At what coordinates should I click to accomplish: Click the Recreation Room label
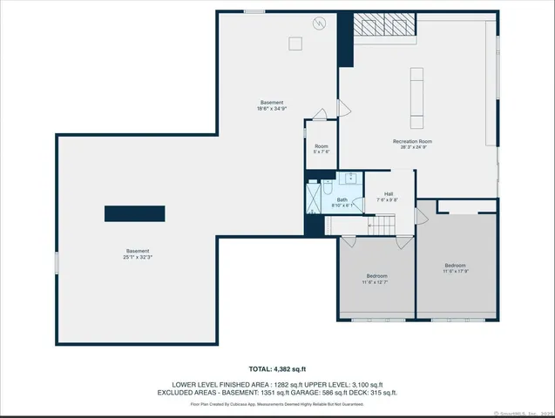412,141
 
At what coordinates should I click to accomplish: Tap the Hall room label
389,194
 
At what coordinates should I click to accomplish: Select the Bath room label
342,200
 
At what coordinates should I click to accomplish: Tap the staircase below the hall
382,226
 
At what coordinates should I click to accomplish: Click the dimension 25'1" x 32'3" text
137,257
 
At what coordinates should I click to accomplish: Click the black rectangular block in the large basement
135,213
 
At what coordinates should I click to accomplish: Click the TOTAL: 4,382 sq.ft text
277,368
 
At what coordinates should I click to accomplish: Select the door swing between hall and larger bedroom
422,216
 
